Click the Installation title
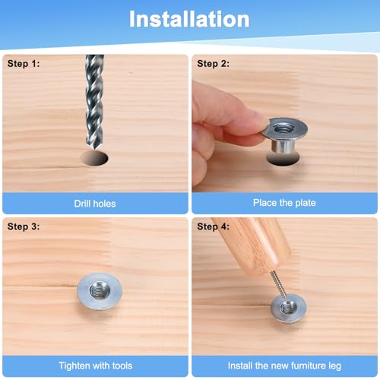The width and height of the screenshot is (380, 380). [x=189, y=19]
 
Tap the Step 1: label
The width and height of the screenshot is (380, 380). [x=24, y=64]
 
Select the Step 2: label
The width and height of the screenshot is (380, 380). [x=213, y=64]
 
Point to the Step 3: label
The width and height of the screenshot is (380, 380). [x=24, y=226]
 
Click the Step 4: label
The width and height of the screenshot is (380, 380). [x=213, y=226]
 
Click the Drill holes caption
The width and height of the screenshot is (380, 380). [x=95, y=204]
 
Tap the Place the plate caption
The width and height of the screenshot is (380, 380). [x=284, y=203]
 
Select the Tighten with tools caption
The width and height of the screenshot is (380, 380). [x=96, y=366]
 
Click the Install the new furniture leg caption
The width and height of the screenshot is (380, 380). [x=284, y=366]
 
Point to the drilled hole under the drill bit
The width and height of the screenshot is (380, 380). [x=94, y=158]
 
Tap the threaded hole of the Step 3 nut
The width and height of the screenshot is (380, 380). [x=100, y=290]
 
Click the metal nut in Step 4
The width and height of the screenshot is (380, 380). [x=288, y=308]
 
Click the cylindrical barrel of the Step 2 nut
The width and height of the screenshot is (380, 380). [x=283, y=147]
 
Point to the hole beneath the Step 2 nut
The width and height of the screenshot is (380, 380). [x=283, y=160]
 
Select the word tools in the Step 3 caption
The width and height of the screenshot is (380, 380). [x=122, y=366]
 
